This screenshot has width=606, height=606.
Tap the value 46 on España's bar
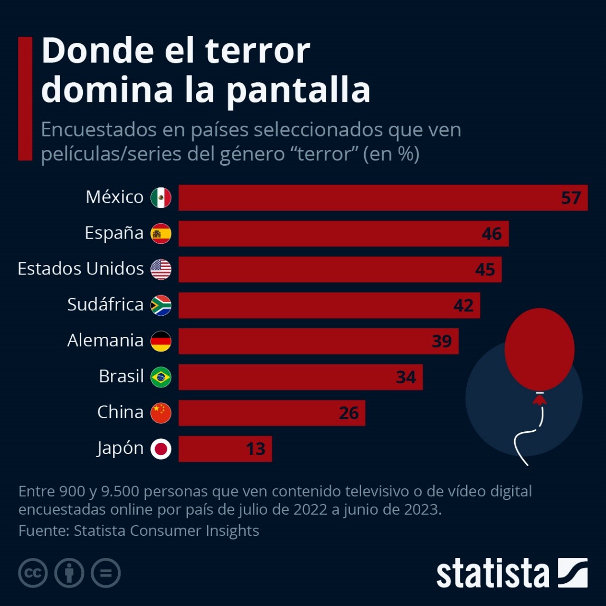pyautogui.click(x=491, y=234)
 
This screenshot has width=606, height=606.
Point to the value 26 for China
pyautogui.click(x=349, y=413)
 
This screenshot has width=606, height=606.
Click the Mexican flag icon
pyautogui.click(x=161, y=198)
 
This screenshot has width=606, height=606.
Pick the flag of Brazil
pyautogui.click(x=161, y=377)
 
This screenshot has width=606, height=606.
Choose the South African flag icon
pyautogui.click(x=161, y=305)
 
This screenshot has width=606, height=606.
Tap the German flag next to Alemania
pyautogui.click(x=161, y=341)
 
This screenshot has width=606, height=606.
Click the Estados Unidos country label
pyautogui.click(x=81, y=269)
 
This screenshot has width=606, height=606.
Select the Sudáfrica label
pyautogui.click(x=105, y=305)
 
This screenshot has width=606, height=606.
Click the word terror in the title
pyautogui.click(x=257, y=51)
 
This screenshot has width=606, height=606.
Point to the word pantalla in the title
pyautogui.click(x=298, y=90)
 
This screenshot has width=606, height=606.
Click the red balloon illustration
pyautogui.click(x=539, y=349)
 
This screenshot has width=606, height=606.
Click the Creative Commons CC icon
pyautogui.click(x=33, y=573)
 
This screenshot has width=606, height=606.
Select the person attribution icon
pyautogui.click(x=69, y=573)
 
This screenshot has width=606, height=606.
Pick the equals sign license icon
pyautogui.click(x=106, y=573)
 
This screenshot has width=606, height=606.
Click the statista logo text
pyautogui.click(x=493, y=573)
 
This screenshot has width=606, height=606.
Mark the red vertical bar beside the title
pyautogui.click(x=25, y=98)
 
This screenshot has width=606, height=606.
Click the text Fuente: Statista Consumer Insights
pyautogui.click(x=138, y=531)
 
